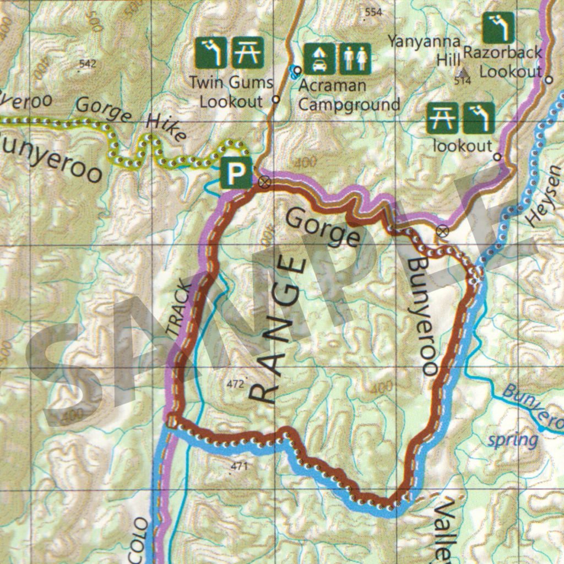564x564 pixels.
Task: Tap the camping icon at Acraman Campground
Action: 319,59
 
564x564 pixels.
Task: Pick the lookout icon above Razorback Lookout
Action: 498,28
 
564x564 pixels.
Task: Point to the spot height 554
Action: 373,12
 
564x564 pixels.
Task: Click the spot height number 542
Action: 87,64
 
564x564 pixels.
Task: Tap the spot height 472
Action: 235,384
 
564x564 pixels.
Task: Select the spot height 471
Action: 239,466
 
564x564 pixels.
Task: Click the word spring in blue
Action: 512,440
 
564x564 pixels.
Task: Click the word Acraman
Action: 332,86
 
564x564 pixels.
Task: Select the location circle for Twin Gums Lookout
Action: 276,100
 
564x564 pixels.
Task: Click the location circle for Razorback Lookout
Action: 548,80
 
